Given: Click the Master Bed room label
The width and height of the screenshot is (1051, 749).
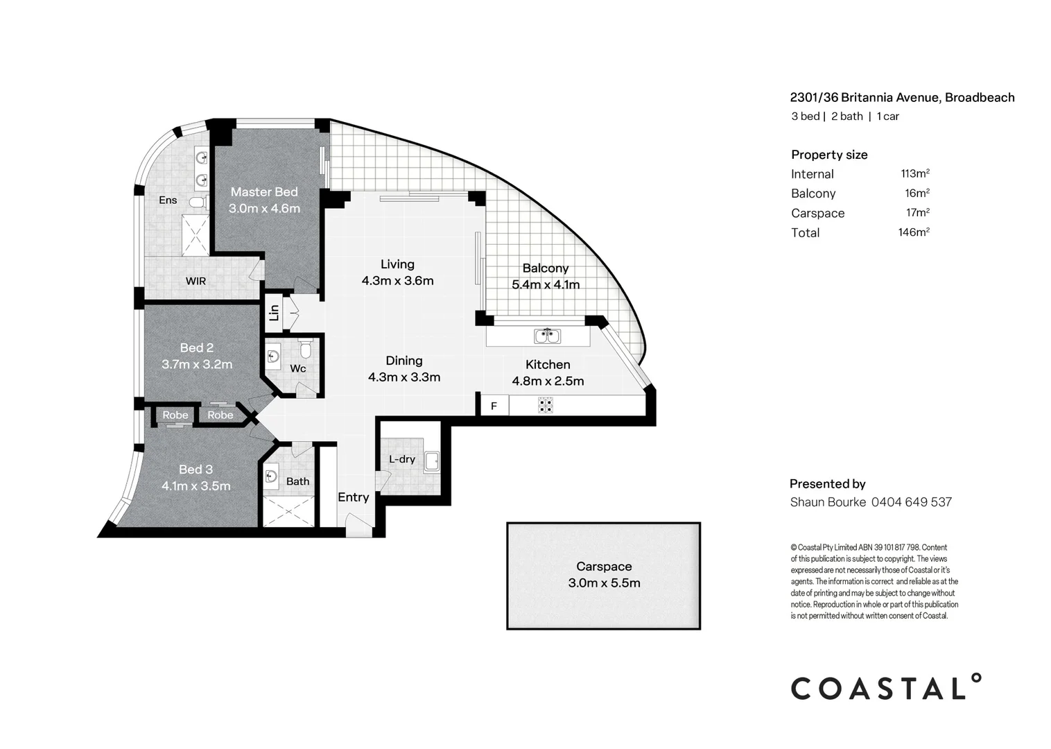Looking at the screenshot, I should [x=264, y=192].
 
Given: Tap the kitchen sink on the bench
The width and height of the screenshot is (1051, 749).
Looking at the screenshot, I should [x=547, y=336].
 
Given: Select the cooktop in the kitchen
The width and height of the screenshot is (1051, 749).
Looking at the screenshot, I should [x=546, y=405].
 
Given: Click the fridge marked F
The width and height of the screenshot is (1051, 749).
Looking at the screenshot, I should [x=494, y=406].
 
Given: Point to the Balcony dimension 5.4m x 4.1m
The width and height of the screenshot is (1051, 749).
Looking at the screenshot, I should [x=546, y=284].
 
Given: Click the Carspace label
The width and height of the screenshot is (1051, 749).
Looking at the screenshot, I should [x=604, y=567].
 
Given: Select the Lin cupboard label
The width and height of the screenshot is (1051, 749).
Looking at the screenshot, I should [x=274, y=313].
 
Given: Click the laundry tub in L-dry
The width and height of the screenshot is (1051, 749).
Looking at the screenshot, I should [x=432, y=460].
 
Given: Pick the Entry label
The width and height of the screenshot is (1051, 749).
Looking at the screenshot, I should [x=353, y=497].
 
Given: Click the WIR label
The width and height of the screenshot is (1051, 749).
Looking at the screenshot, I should [x=196, y=281].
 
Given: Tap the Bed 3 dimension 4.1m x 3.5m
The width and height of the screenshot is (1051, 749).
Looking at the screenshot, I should [x=196, y=486].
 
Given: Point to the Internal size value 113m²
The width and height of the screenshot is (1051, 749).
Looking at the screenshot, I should [x=915, y=173].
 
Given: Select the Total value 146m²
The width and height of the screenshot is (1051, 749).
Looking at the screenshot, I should [x=914, y=232].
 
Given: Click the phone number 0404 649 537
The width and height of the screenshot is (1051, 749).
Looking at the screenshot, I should [x=911, y=502].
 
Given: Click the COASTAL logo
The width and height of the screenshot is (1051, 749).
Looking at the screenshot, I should [x=886, y=688].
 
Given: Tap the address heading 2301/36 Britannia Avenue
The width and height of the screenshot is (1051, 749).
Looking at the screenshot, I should [x=902, y=98].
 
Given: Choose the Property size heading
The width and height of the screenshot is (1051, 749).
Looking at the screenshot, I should [x=829, y=155].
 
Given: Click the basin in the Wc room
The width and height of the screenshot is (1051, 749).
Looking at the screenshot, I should [x=273, y=356].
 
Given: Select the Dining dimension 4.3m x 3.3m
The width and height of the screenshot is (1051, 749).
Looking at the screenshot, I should [x=404, y=377].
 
